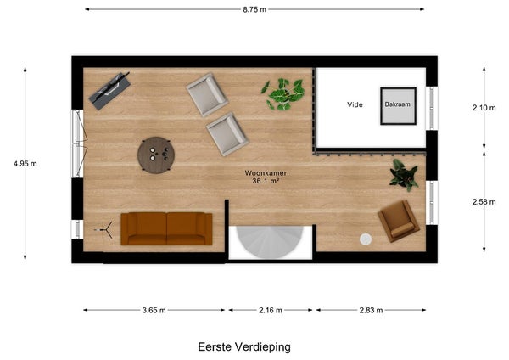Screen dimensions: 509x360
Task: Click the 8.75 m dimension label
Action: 255,9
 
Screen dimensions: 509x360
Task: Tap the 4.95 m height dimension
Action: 25,164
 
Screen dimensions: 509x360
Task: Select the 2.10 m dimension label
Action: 484,108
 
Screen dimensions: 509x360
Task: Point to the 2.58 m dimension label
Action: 484,202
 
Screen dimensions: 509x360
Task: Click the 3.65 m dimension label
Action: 154,310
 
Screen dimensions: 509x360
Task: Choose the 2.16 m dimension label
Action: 271,310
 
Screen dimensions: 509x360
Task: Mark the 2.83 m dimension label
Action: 371,310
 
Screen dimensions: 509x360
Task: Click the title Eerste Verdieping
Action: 244,347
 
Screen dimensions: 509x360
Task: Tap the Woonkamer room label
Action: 266,173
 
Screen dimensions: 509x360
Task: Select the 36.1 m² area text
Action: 266,181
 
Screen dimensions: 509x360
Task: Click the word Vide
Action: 355,104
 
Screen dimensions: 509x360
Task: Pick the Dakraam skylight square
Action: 399,106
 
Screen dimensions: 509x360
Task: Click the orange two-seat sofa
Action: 166,228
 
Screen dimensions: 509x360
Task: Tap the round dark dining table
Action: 156,155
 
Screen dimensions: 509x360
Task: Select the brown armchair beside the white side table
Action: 399,221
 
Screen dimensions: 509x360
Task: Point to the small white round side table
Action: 366,239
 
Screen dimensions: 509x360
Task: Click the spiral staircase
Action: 270,241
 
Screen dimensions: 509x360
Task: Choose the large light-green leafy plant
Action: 282,94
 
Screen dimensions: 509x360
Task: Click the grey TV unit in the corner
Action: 109,91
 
